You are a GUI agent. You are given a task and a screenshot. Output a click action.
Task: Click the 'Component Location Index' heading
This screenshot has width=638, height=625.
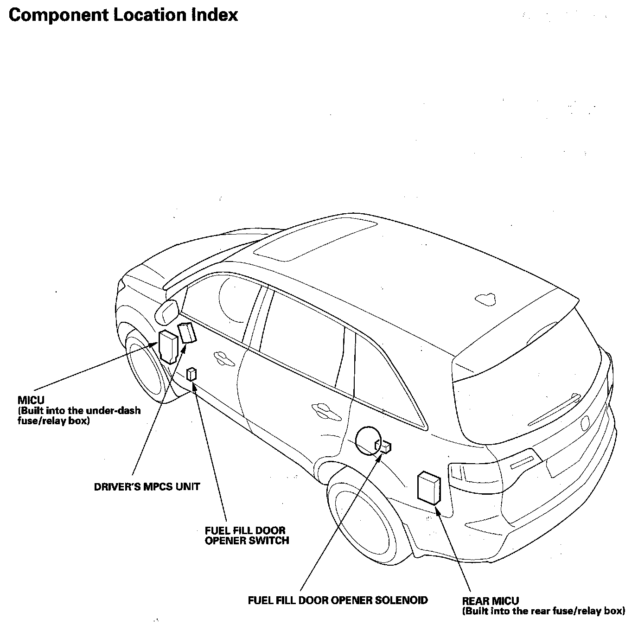pos(123,15)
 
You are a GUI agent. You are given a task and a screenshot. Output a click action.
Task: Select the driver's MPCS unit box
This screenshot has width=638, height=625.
pos(187,333)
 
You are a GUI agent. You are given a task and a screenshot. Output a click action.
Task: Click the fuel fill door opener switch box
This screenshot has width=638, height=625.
pos(191,374)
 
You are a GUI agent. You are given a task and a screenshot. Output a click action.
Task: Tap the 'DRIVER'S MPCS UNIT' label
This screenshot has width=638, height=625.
pos(147,487)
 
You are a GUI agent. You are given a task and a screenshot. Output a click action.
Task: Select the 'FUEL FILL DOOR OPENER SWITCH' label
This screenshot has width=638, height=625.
pos(247,536)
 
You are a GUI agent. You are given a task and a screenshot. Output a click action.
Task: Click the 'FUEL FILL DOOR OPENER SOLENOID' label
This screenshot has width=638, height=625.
pos(338,600)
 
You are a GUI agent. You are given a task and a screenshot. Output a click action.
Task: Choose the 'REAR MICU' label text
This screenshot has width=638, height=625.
pos(491,601)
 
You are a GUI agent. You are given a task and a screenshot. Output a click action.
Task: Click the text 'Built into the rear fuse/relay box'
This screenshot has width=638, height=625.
pos(543,611)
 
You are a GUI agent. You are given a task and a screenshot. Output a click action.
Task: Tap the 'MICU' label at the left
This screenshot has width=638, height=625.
pos(31,400)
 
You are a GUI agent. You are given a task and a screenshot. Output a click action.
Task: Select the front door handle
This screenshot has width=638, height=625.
pos(223,357)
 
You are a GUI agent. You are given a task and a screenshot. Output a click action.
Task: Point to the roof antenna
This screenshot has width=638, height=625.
pos(485,299)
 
